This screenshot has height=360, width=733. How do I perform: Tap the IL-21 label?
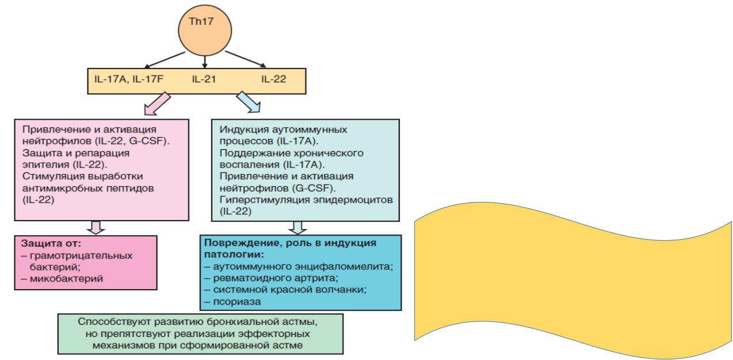point(203,79)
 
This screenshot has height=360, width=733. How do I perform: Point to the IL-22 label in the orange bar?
point(274,79)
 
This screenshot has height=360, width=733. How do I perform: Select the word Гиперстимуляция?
point(253,199)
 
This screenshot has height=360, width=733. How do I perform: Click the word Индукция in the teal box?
point(237,129)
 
